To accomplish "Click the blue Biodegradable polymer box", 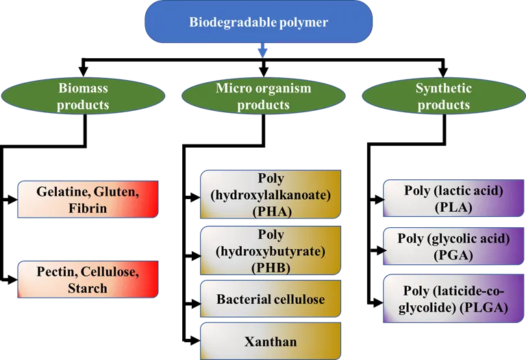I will pyautogui.click(x=258, y=23).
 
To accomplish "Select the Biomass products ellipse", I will pyautogui.click(x=83, y=97).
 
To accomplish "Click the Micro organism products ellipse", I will pyautogui.click(x=263, y=97).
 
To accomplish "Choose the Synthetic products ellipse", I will pyautogui.click(x=443, y=97).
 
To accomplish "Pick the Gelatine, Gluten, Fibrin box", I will pyautogui.click(x=88, y=199).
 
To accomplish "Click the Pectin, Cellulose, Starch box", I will pyautogui.click(x=88, y=279).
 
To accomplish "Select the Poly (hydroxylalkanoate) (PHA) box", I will pyautogui.click(x=271, y=195).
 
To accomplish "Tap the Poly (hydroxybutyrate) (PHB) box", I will pyautogui.click(x=271, y=250).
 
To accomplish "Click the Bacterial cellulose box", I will pyautogui.click(x=271, y=299).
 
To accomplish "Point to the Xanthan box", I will pyautogui.click(x=271, y=340).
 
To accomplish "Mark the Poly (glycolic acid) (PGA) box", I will pyautogui.click(x=453, y=247).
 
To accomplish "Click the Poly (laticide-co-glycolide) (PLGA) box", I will pyautogui.click(x=453, y=299).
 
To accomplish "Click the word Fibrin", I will pyautogui.click(x=88, y=208).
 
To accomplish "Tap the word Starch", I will pyautogui.click(x=88, y=288).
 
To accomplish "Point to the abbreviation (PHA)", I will pyautogui.click(x=271, y=211).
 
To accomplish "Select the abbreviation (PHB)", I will pyautogui.click(x=271, y=267).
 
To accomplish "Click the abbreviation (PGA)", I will pyautogui.click(x=453, y=255).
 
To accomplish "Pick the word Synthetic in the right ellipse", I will pyautogui.click(x=443, y=88).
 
